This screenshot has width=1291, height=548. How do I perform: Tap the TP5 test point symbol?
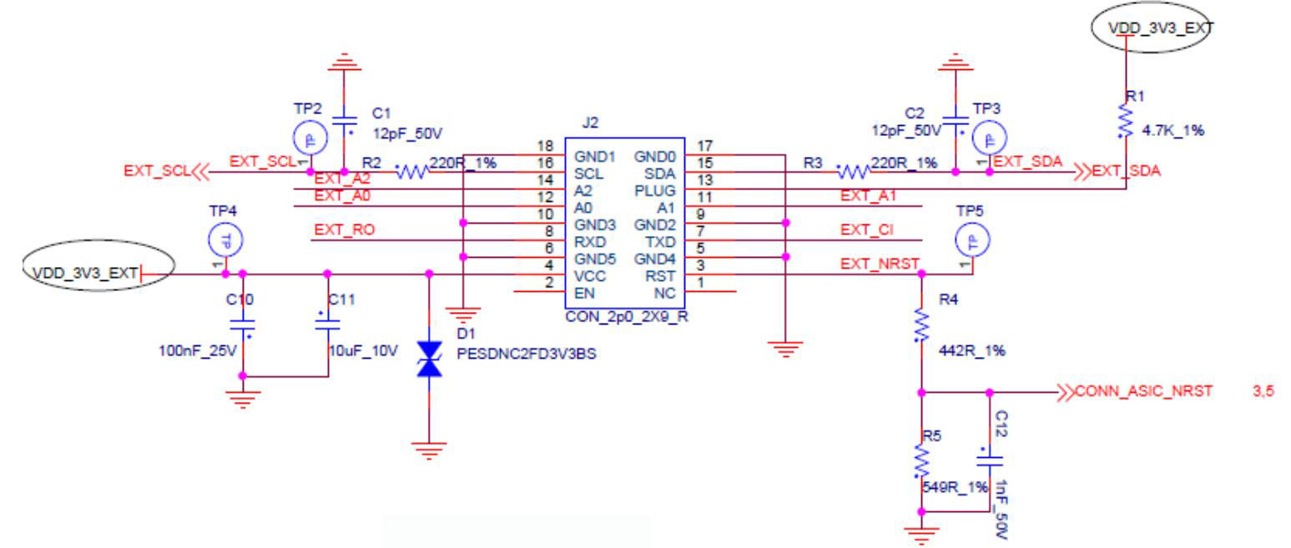971,240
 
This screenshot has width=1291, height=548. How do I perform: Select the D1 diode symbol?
429,359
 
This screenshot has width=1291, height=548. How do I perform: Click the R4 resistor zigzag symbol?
920,325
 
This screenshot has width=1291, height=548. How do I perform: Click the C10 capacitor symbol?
243,324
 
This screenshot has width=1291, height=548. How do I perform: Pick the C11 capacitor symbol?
327,324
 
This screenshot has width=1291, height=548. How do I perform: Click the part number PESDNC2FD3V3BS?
527,353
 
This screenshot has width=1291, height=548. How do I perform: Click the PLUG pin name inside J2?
659,191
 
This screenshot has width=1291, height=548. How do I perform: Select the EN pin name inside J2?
584,292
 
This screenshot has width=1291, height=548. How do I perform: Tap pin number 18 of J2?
547,147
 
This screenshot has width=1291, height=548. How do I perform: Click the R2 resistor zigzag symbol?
411,173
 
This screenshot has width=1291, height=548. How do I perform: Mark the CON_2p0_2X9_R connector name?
627,317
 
